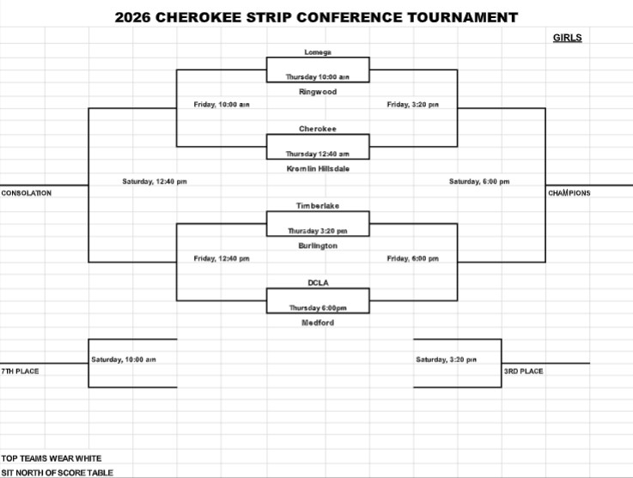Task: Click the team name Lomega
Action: coord(318,52)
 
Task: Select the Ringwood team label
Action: coord(318,92)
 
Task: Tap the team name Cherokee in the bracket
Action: coord(318,129)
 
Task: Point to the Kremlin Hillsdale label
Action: coord(318,168)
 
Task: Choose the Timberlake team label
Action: coord(318,206)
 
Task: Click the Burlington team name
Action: coord(318,245)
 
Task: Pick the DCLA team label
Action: coord(318,282)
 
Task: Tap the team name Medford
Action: coord(318,323)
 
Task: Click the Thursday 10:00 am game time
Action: coord(318,76)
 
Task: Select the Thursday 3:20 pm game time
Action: coord(318,231)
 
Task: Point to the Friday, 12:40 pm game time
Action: coord(222,258)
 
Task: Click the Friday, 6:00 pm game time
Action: coord(413,258)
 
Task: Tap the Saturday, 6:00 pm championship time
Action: coord(479,182)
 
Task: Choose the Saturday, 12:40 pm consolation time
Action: coord(155,182)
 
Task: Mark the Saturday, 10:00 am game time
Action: coord(124,360)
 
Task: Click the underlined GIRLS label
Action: coord(567,38)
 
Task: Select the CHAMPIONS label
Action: coord(569,193)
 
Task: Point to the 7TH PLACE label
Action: coord(20,371)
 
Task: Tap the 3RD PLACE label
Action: coord(523,371)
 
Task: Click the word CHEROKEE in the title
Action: coord(198,17)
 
